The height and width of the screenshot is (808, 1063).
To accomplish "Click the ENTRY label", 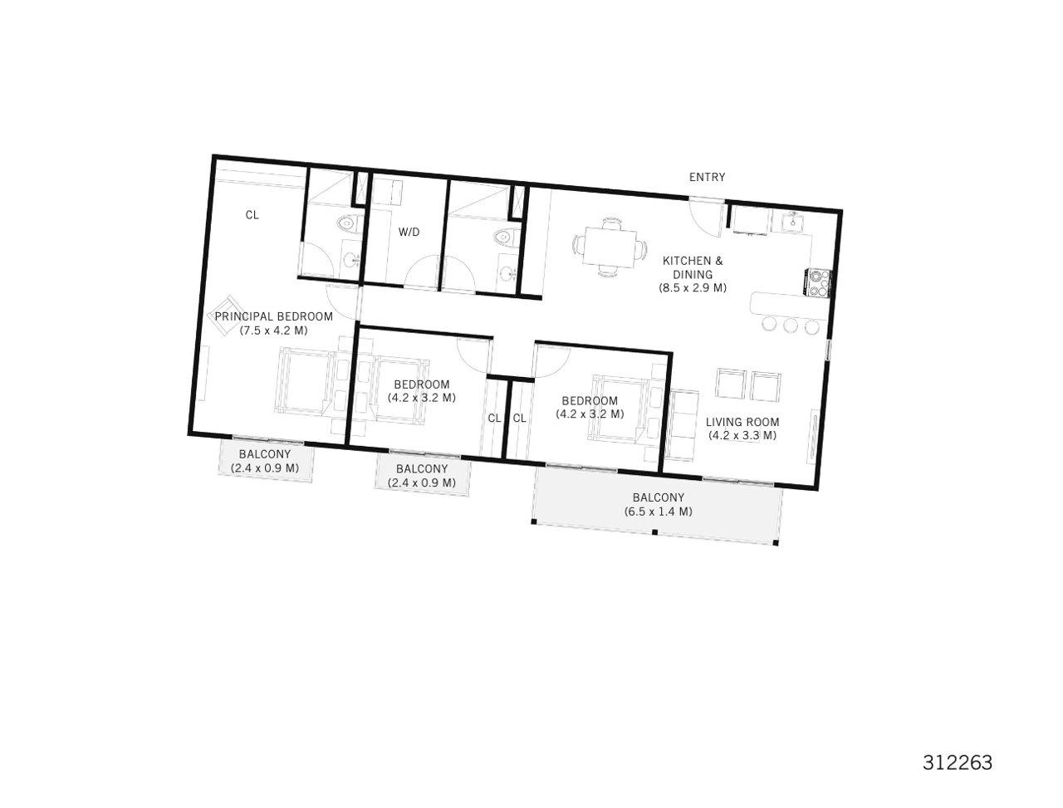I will tap(707, 177).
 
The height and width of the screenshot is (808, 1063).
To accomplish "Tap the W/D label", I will tap(409, 233).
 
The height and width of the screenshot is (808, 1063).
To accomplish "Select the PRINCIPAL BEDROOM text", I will tap(273, 316).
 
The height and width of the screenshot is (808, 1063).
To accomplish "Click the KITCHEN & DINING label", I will tap(693, 267).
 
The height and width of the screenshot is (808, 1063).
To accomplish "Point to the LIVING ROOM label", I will tap(742, 422).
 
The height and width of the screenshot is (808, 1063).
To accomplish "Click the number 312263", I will tap(958, 762).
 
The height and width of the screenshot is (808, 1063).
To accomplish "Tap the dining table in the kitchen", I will tap(610, 247).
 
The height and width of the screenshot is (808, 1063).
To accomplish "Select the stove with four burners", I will tap(819, 282).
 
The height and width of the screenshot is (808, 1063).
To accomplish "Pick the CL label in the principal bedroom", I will tap(252, 215).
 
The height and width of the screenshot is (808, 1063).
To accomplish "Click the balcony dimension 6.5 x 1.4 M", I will tap(658, 512).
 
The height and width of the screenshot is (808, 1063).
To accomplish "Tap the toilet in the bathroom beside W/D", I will tap(502, 238).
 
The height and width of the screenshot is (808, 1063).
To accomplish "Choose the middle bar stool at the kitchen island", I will tap(790, 325).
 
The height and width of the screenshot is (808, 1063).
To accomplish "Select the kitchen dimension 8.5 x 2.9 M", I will tap(693, 288).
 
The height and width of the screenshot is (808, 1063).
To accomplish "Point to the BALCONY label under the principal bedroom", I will tap(265, 454).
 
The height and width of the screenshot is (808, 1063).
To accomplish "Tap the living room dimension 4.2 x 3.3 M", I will tap(742, 435).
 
